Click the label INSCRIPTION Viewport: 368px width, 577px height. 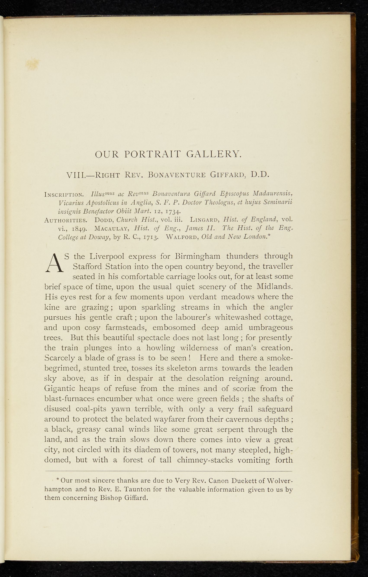click(64, 194)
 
